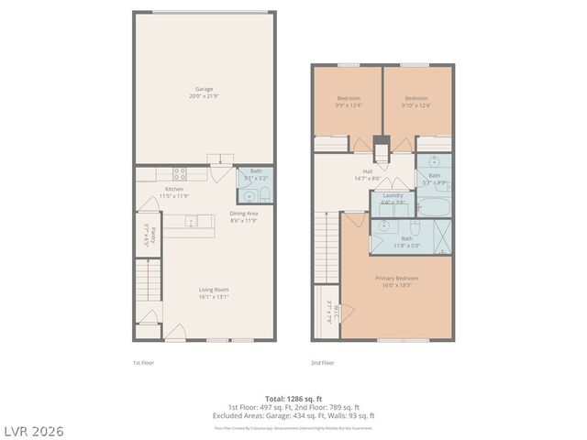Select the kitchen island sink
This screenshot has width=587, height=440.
tap(190, 221)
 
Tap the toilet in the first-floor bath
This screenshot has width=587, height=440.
tap(263, 193)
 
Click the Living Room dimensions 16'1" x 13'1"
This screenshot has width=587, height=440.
tap(213, 296)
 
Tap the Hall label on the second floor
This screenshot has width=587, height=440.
tap(367, 170)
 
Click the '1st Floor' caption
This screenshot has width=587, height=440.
tap(142, 363)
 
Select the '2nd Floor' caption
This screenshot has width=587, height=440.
tap(322, 363)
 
